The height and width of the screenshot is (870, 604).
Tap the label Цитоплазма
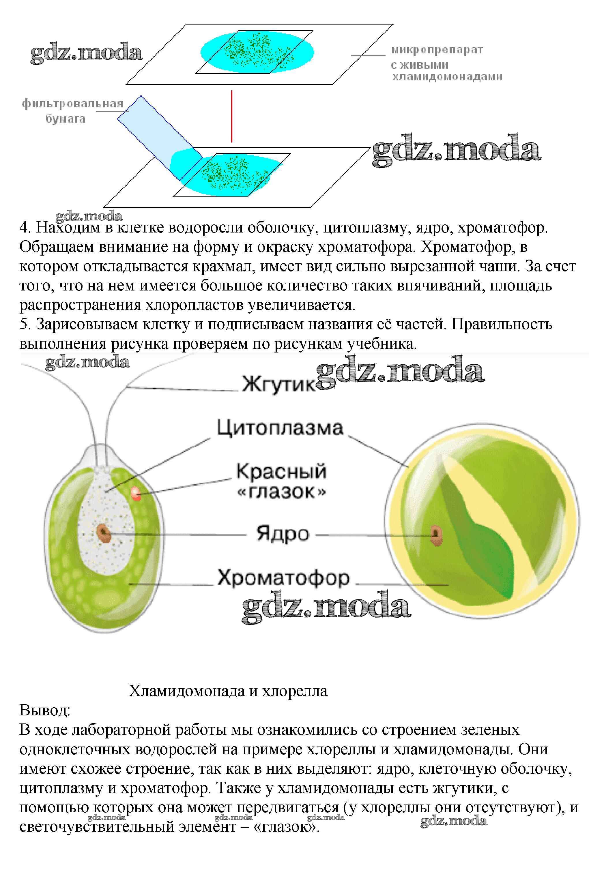point(280,428)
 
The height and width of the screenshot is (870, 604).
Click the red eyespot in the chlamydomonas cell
point(136,494)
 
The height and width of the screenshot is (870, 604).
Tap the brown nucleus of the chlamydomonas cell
point(103,533)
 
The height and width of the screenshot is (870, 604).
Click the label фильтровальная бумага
point(72,111)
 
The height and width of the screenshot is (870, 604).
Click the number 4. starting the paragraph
point(25,228)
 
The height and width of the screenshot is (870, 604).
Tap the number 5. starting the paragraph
point(25,324)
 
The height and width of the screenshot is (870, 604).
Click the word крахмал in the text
point(222,266)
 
